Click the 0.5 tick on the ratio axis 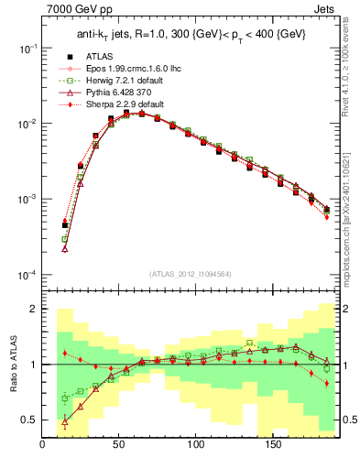coord(30,420)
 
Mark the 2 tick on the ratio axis coord(35,309)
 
